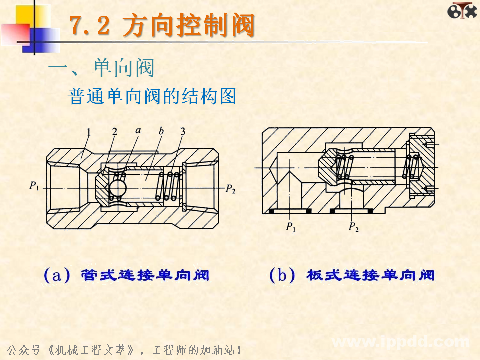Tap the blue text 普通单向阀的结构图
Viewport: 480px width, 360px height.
(x=152, y=96)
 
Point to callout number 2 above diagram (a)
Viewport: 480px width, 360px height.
(x=114, y=132)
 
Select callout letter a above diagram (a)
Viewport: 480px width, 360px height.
(x=137, y=131)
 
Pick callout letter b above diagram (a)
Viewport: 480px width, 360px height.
(x=161, y=131)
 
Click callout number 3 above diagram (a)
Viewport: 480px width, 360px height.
(x=183, y=132)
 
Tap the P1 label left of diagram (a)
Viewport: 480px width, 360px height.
(x=34, y=187)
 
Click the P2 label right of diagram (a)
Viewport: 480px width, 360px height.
(x=230, y=188)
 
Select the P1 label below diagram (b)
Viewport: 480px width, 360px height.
(x=291, y=228)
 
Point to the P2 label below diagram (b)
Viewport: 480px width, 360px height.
(x=353, y=228)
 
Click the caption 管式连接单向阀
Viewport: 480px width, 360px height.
(x=145, y=275)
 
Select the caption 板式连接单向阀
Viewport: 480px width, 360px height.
(x=370, y=275)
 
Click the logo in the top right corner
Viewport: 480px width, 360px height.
(x=462, y=11)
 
